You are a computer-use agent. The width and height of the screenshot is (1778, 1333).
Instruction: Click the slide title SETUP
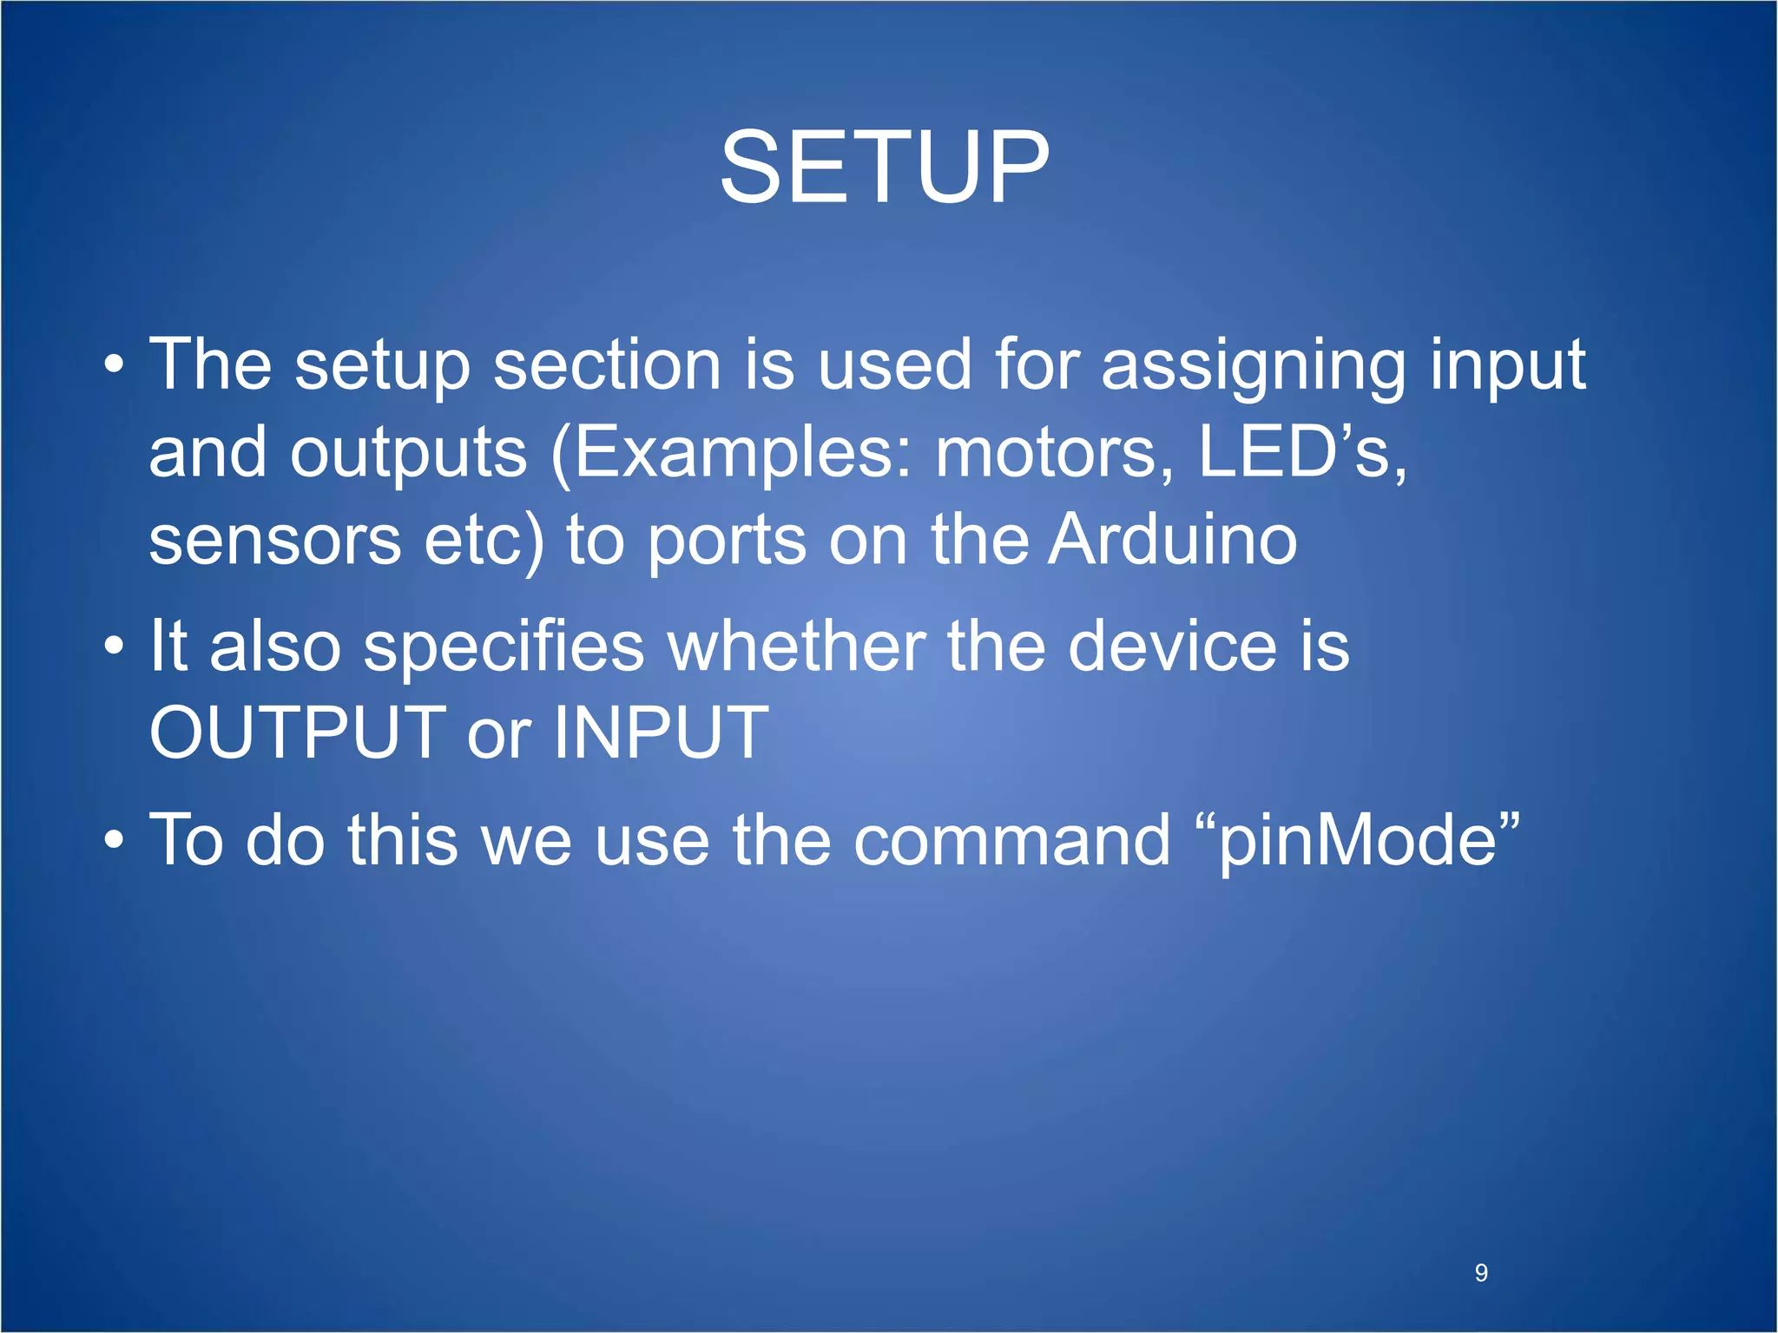[885, 167]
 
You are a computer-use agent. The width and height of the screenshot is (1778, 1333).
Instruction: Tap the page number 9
[1481, 1273]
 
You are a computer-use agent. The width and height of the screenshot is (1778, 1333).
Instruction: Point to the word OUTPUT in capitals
[298, 732]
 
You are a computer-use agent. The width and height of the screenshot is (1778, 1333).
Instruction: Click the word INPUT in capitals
[661, 732]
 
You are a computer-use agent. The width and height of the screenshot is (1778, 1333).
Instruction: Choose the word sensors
[274, 540]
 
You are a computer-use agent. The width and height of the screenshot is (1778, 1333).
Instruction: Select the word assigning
[1253, 365]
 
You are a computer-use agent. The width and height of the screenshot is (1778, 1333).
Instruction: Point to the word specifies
[504, 647]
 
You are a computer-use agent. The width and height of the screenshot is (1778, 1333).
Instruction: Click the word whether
[795, 647]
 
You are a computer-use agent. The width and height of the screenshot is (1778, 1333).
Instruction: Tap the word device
[1172, 647]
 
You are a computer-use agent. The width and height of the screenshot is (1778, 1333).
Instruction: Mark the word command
[1011, 840]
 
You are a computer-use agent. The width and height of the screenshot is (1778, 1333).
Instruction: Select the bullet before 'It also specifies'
[114, 647]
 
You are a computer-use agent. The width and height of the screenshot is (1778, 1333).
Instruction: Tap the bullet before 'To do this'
[114, 841]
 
